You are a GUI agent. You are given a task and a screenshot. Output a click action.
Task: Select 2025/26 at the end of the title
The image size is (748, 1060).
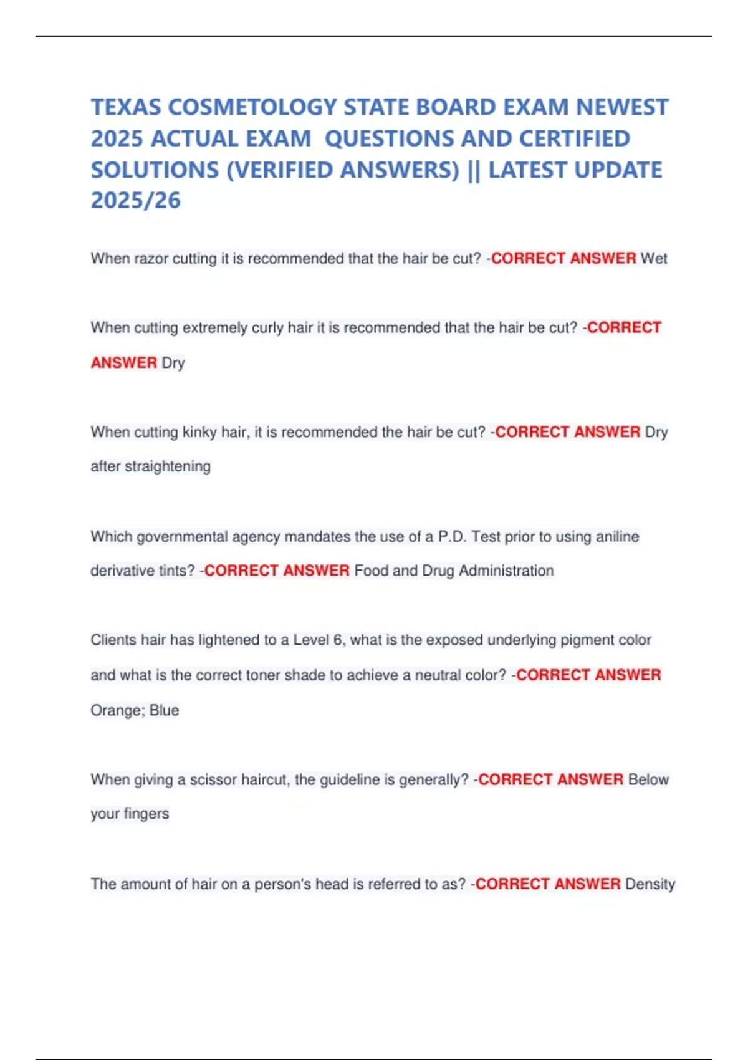(136, 200)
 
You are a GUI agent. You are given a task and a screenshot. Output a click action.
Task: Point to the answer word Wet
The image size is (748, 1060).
(654, 258)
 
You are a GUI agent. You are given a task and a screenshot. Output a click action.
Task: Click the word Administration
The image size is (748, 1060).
(506, 571)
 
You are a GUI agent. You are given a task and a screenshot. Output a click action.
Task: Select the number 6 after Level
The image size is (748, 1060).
(338, 640)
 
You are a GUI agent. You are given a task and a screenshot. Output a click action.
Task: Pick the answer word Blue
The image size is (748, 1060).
(165, 710)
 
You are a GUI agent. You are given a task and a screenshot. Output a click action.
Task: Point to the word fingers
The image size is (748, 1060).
(146, 814)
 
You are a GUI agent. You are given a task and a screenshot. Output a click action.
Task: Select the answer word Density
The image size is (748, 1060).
(650, 884)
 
